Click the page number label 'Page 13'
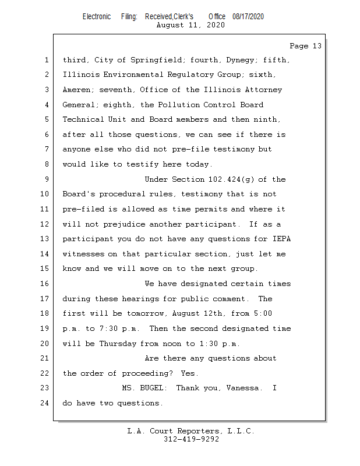tap(306, 46)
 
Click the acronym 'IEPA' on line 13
tap(281, 239)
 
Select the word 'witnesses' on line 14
tap(83, 254)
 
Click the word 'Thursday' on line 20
tap(118, 344)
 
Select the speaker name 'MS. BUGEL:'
tap(144, 388)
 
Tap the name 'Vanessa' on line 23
tap(242, 388)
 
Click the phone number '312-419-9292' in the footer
tap(192, 439)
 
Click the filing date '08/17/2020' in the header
tap(248, 17)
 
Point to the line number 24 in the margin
tap(45, 403)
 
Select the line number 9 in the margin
tap(47, 179)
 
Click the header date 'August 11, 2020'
tap(190, 25)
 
